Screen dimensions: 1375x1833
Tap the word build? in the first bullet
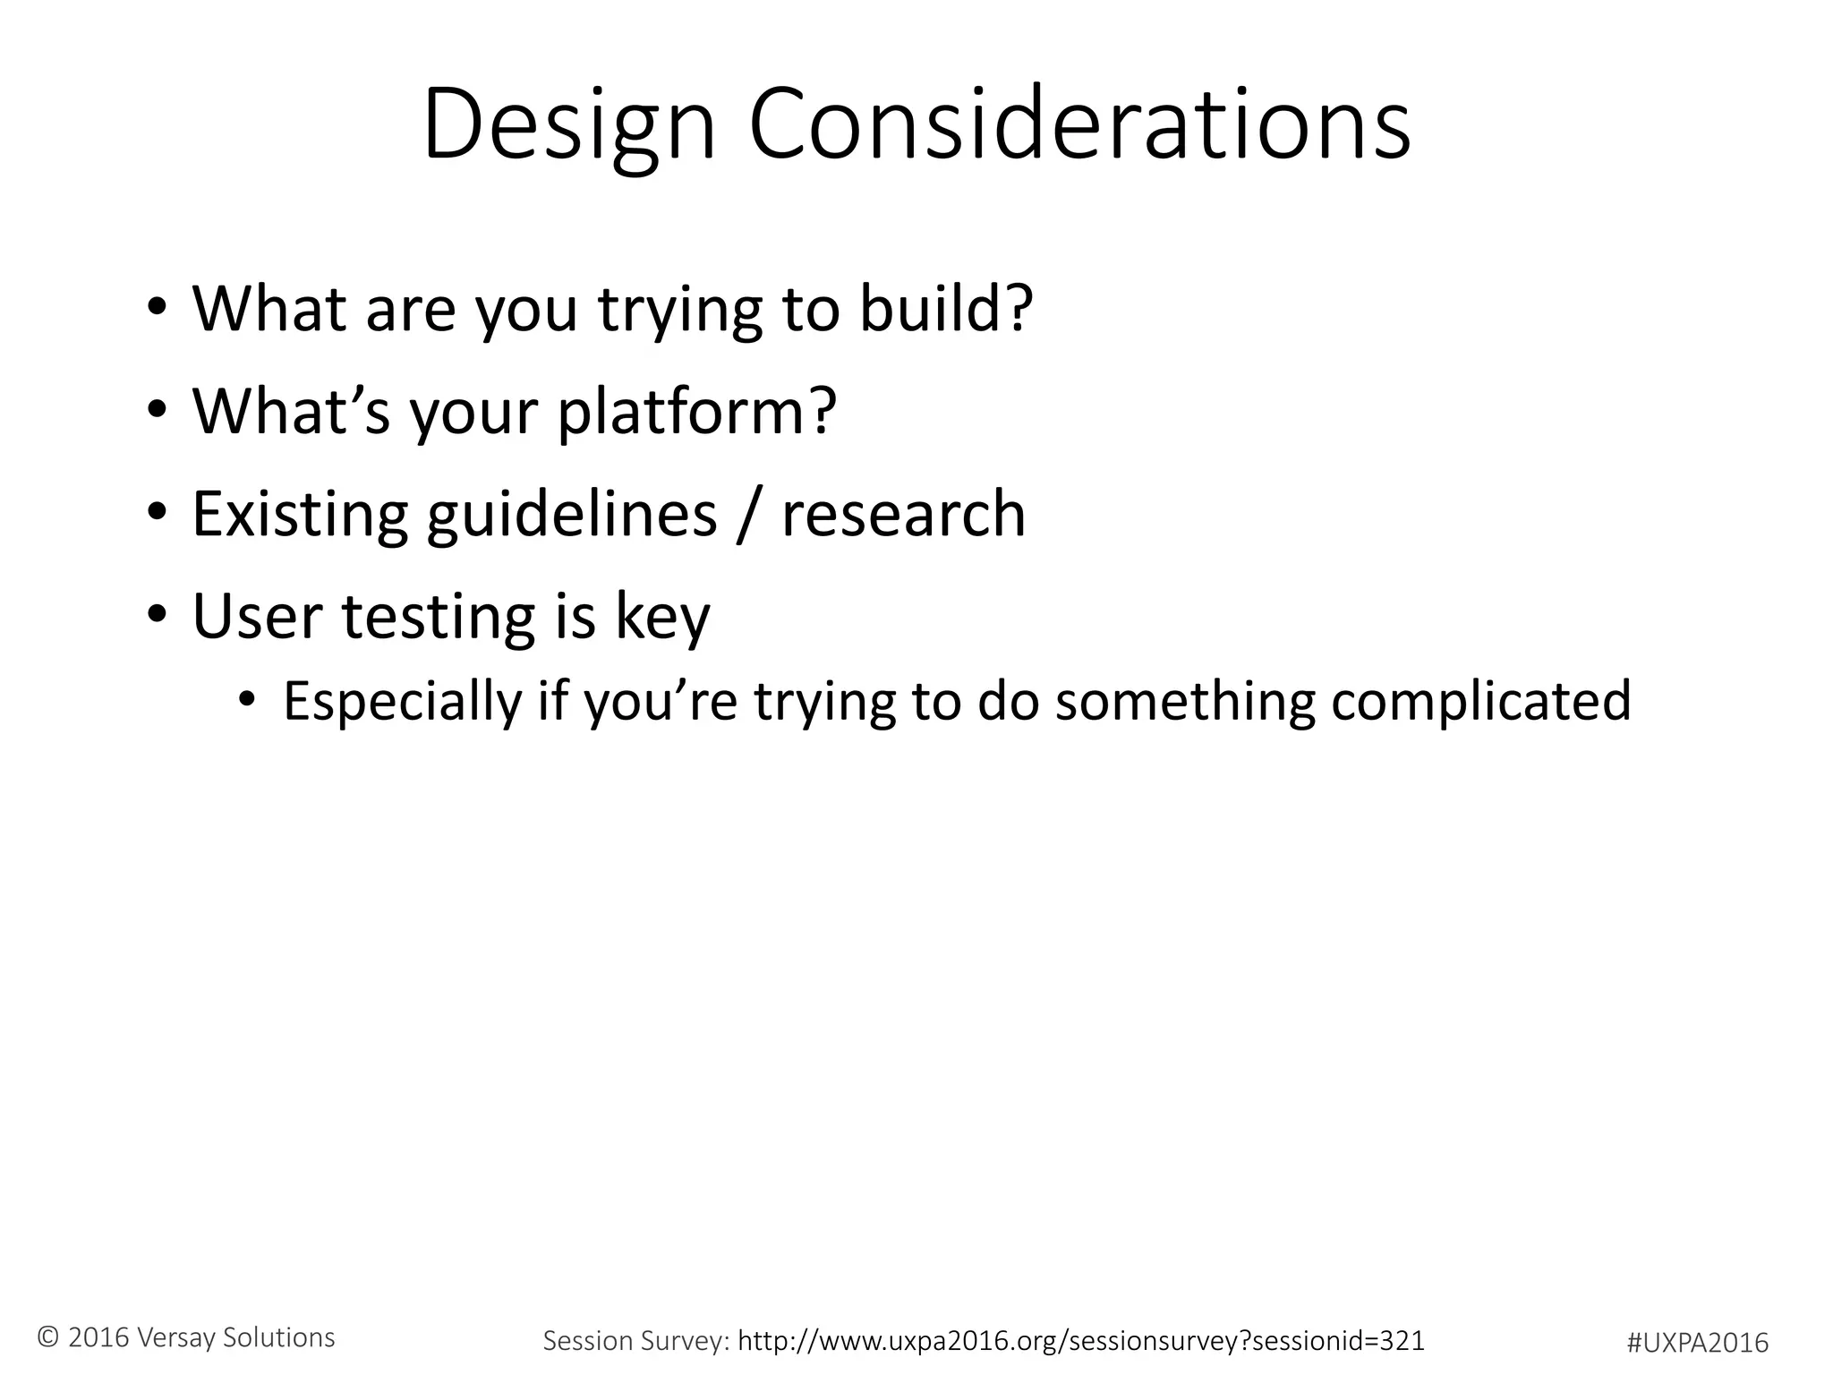click(x=946, y=309)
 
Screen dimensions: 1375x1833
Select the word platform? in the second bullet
click(x=696, y=412)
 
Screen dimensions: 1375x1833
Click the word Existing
click(x=300, y=515)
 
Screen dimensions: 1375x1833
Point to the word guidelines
click(x=571, y=515)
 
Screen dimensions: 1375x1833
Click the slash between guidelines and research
click(x=749, y=517)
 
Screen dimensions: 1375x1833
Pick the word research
click(x=903, y=515)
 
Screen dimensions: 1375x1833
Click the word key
click(x=662, y=619)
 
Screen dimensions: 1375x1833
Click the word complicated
click(x=1480, y=701)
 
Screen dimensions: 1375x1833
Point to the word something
click(x=1185, y=701)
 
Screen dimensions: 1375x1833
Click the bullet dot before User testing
click(x=158, y=616)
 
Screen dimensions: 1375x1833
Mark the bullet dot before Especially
click(x=247, y=699)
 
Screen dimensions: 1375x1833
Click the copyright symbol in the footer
click(x=48, y=1337)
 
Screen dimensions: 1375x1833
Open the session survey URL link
click(x=1080, y=1340)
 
